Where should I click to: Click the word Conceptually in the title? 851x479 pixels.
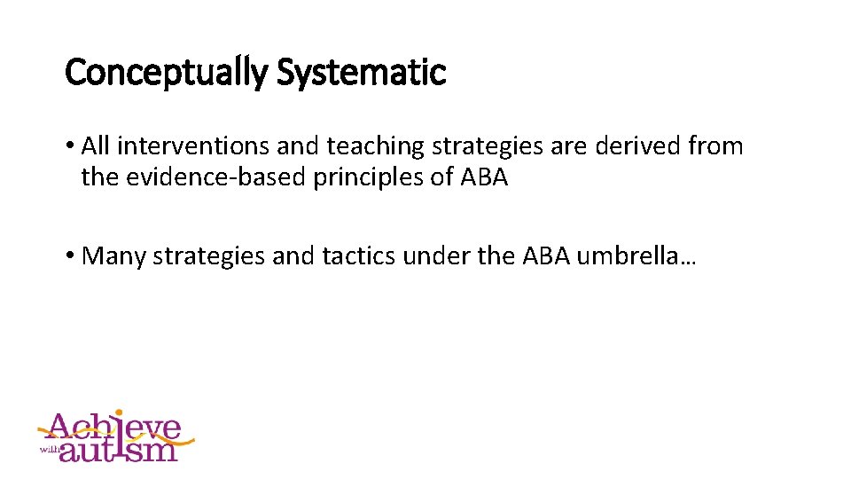tap(166, 72)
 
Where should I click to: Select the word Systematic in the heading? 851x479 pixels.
tap(361, 72)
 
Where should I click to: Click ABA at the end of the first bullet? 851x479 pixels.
tap(483, 177)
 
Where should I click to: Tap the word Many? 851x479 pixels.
tap(114, 256)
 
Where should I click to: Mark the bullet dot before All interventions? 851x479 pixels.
tap(70, 146)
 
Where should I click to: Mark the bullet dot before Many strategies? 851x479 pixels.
tap(70, 257)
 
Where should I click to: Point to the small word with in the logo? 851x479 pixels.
tap(49, 449)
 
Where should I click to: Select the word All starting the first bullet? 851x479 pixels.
tap(95, 145)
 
